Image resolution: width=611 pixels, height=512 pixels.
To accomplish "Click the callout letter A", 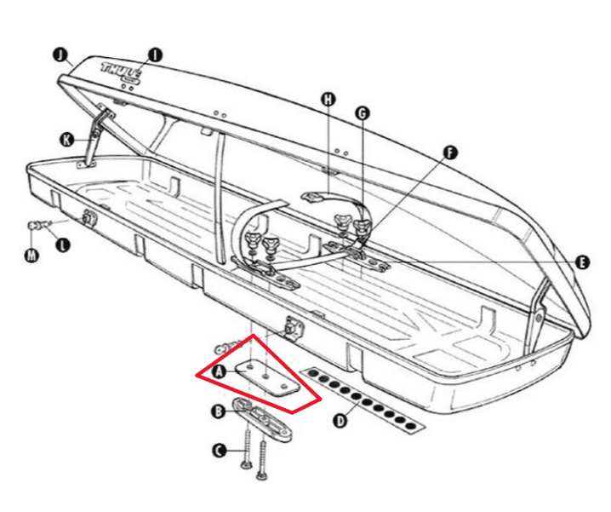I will coord(220,371).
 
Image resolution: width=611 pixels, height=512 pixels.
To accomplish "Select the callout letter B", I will coord(219,412).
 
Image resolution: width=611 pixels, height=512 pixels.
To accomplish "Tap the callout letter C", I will coord(219,451).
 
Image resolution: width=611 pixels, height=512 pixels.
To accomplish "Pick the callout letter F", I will coord(449,153).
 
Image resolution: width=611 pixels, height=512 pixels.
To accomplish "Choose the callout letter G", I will coord(362,112).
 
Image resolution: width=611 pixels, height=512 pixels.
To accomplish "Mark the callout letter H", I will coord(328,99).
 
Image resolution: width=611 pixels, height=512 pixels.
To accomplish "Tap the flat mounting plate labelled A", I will coord(267,375).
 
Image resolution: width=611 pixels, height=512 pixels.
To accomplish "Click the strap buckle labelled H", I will coord(314,198).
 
